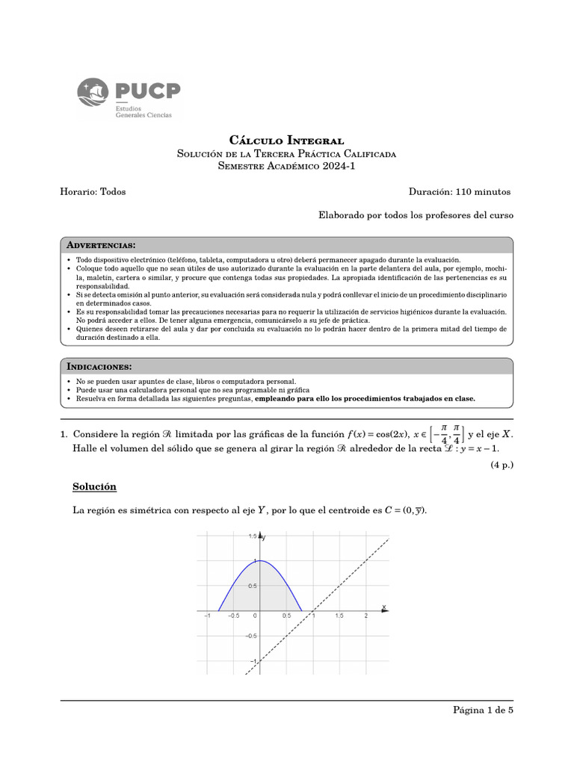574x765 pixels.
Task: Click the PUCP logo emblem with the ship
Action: pyautogui.click(x=94, y=96)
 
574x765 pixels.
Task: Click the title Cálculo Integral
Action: pyautogui.click(x=286, y=140)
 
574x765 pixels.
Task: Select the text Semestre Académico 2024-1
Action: pyautogui.click(x=286, y=167)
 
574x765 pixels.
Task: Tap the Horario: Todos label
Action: pyautogui.click(x=93, y=192)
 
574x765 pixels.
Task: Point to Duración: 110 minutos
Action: pyautogui.click(x=460, y=192)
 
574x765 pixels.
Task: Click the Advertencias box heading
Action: pyautogui.click(x=101, y=245)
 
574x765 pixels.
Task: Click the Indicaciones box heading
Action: pyautogui.click(x=99, y=367)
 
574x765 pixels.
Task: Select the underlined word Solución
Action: pyautogui.click(x=94, y=487)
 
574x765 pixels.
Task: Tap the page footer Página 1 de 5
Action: pyautogui.click(x=483, y=710)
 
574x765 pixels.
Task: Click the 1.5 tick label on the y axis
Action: pyautogui.click(x=253, y=536)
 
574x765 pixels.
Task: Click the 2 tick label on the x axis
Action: pyautogui.click(x=365, y=616)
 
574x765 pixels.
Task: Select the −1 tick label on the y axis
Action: pyautogui.click(x=252, y=662)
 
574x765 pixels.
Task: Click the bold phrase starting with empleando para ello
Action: pyautogui.click(x=365, y=399)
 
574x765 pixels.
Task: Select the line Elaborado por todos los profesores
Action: pyautogui.click(x=416, y=215)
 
